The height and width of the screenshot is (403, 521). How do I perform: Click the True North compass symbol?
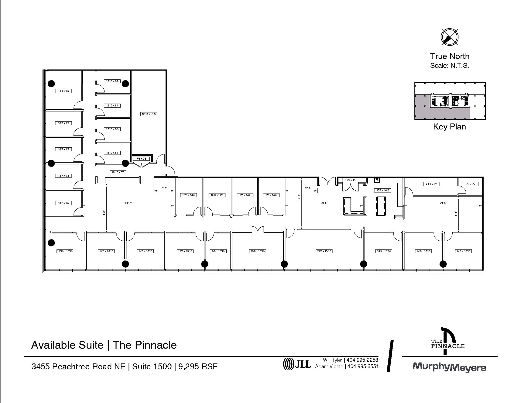(x=450, y=37)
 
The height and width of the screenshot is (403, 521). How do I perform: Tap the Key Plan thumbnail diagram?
(x=450, y=101)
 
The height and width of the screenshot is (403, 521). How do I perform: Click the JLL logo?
(x=297, y=364)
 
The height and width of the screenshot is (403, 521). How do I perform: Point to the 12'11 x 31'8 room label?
(x=149, y=114)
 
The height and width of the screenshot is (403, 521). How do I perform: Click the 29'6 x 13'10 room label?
(x=324, y=251)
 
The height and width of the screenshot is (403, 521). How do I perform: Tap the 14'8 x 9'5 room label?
(x=63, y=91)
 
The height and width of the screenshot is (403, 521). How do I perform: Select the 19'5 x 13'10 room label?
(x=258, y=251)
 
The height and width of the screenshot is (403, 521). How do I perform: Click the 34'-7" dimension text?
(x=128, y=203)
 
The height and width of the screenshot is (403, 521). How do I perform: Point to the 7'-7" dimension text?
(x=164, y=188)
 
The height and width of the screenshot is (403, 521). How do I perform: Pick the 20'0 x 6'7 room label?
(x=431, y=184)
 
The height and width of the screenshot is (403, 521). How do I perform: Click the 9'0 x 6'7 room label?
(x=470, y=184)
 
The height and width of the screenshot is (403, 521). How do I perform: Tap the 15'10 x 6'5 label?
(x=118, y=172)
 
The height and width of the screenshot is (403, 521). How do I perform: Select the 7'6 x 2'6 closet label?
(x=141, y=159)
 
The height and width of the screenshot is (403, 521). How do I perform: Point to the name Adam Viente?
(x=329, y=367)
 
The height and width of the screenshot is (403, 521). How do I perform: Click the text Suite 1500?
(x=152, y=367)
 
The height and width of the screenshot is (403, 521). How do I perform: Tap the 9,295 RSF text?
(x=198, y=367)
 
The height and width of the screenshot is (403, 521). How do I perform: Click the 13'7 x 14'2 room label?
(x=382, y=190)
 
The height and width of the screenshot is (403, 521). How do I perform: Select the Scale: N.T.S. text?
(x=450, y=66)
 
